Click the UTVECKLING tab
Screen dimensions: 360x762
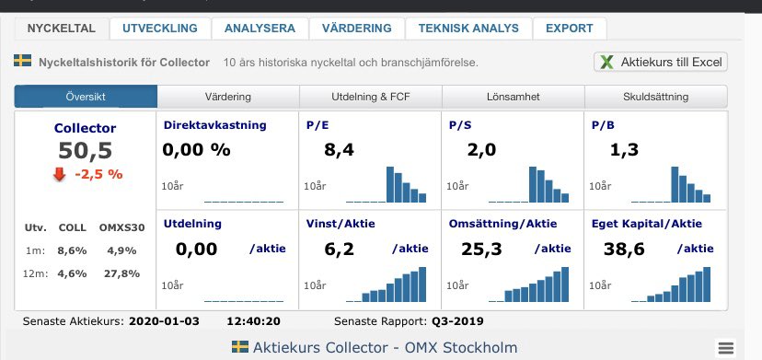pos(160,29)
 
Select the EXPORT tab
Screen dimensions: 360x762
pos(569,29)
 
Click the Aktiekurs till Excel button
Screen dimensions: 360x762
pos(662,63)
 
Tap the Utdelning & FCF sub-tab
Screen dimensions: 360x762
pos(371,97)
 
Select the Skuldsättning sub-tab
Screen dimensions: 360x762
pos(656,97)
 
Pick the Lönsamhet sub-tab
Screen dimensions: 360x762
pos(514,97)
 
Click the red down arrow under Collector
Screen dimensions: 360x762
pos(61,174)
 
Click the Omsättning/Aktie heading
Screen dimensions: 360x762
pos(502,223)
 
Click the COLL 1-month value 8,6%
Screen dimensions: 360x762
pos(71,250)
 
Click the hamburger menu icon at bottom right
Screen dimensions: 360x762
pos(725,347)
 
